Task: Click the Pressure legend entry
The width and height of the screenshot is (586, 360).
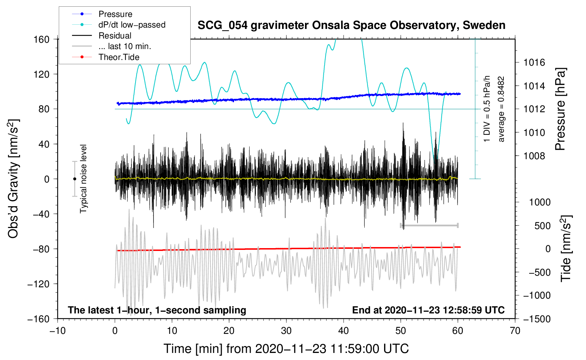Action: (x=115, y=14)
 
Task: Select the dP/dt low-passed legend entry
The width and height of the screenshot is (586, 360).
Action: (x=132, y=25)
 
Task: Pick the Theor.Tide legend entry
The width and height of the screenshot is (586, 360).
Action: (x=119, y=57)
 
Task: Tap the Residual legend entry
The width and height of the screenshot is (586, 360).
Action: (x=115, y=36)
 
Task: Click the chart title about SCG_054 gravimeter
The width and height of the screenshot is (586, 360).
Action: (x=351, y=25)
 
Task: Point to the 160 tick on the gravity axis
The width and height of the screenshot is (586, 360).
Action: (x=42, y=39)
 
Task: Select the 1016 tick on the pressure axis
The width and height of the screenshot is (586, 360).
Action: (x=534, y=62)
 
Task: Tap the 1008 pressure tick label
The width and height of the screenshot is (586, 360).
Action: (x=534, y=156)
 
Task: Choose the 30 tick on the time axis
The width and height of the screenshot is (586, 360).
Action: (x=286, y=331)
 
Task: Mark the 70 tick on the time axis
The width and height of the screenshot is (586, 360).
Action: (x=515, y=331)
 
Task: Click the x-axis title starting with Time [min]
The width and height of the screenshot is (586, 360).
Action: (x=286, y=349)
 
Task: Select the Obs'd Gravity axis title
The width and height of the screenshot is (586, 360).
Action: (x=13, y=179)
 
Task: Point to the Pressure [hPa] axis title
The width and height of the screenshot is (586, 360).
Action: (x=560, y=109)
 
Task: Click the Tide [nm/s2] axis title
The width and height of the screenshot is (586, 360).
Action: (x=566, y=248)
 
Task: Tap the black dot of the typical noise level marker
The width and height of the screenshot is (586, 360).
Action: (x=74, y=179)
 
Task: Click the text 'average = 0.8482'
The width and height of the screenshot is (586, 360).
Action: (x=501, y=109)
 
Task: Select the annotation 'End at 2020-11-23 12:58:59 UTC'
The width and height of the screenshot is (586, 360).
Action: (x=428, y=310)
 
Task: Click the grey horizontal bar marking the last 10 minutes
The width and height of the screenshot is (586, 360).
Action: (x=429, y=225)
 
